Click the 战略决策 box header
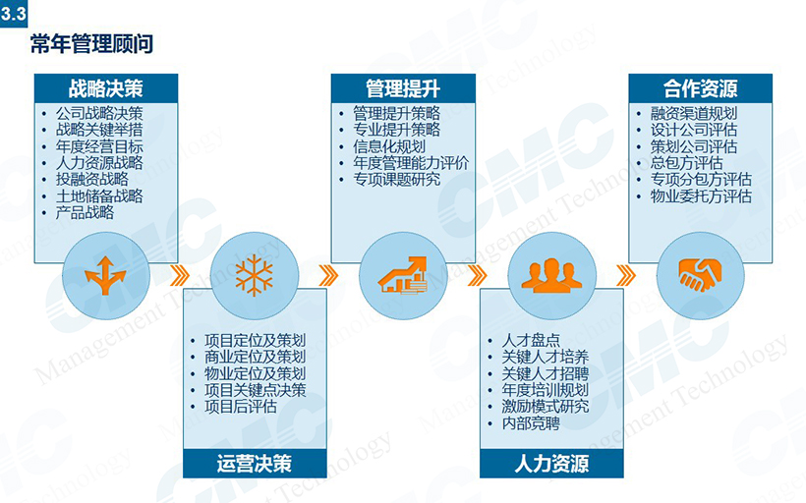coord(106,87)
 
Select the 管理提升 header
coord(403,87)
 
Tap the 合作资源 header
coord(700,87)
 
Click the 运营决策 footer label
coord(255,464)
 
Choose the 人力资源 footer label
coord(551,464)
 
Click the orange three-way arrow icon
coord(105,275)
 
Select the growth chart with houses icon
coord(402,275)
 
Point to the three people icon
coord(551,275)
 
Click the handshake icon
coord(700,275)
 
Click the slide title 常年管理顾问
coord(91,43)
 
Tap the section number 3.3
coord(14,14)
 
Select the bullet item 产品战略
coord(85,212)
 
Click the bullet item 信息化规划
coord(389,146)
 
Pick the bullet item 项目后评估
coord(241,407)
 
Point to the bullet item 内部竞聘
coord(531,423)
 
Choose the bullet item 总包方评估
coord(687,163)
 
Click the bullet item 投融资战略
coord(92,180)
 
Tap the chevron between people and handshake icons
coord(625,275)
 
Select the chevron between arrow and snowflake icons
coord(180,275)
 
